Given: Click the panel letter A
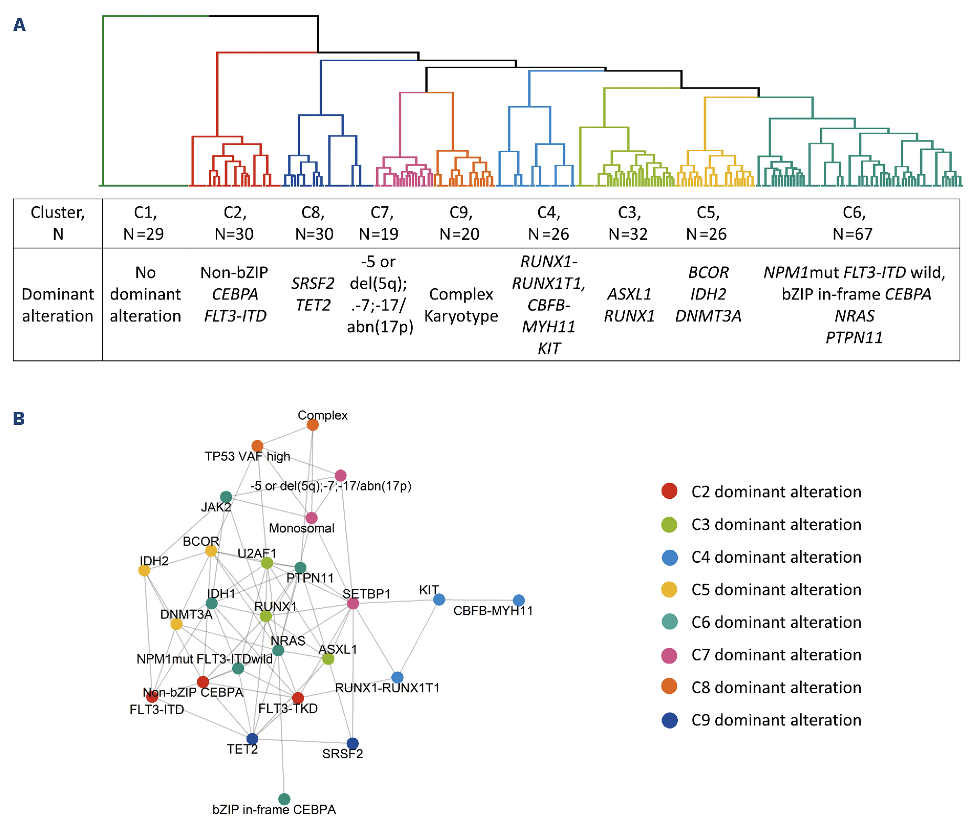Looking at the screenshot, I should [x=19, y=25].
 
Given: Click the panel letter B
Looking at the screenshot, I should [x=19, y=419].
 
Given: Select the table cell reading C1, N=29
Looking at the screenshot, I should [x=144, y=223].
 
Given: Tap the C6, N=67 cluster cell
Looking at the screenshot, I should [x=853, y=223].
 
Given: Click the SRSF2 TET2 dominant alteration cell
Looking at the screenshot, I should [x=313, y=294].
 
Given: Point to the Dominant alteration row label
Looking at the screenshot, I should [x=58, y=305].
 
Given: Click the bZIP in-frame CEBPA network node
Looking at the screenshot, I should [x=284, y=799].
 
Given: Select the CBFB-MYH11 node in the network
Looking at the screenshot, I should [x=518, y=600].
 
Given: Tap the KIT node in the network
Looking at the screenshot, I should [x=439, y=599].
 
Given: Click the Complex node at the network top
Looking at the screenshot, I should [x=313, y=424].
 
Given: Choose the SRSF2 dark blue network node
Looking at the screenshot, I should [x=353, y=743].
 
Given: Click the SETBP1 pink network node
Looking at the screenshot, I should [x=353, y=603].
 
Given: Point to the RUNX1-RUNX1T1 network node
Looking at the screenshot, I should [x=398, y=677].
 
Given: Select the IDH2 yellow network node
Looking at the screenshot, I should [x=144, y=570].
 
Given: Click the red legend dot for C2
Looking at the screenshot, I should [x=669, y=491].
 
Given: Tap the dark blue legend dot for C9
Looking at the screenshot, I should [x=669, y=720].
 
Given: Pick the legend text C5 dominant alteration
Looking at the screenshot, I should [x=776, y=590].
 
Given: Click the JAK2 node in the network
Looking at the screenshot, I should [x=226, y=496].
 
